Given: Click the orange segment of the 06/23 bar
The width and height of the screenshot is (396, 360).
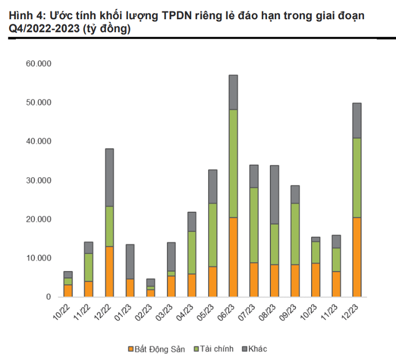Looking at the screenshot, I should [233, 257].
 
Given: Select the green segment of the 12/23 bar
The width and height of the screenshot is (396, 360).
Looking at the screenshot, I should [357, 178].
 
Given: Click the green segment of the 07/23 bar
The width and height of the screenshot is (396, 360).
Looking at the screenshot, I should [253, 225].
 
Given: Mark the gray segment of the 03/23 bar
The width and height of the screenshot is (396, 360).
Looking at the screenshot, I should [171, 256].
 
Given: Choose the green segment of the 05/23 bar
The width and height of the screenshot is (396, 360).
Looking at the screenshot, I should [212, 234].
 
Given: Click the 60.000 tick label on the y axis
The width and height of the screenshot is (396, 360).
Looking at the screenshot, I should [38, 63].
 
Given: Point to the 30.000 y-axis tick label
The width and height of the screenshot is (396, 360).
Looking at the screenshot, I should [38, 180].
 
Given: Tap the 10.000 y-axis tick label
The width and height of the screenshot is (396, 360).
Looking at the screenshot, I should [38, 258].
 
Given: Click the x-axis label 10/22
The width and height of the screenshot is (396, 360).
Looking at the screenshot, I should [63, 313].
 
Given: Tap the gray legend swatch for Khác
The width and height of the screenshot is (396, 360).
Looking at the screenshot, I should [245, 349].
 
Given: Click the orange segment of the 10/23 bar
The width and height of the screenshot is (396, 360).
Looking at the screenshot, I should [316, 280].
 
